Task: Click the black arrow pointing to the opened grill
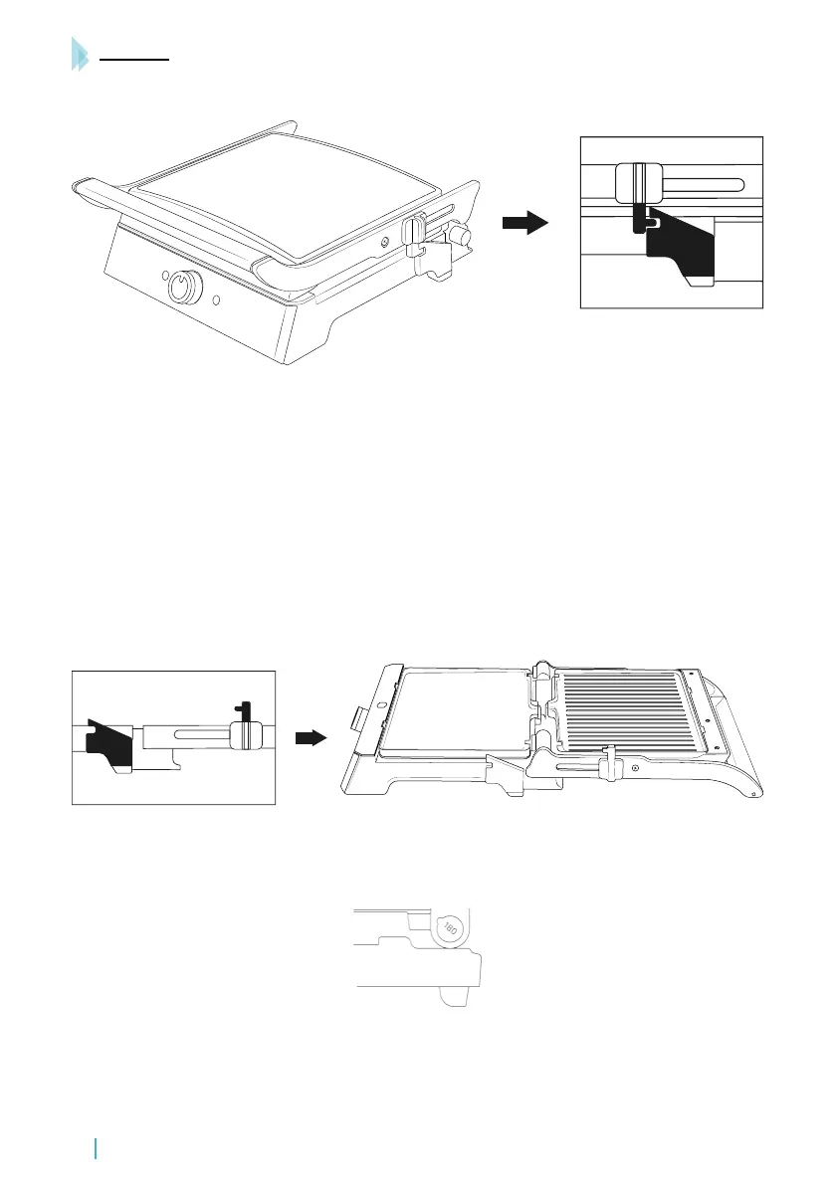312,738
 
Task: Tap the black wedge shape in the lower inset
108,741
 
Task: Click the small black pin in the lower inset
239,710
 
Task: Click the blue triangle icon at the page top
80,54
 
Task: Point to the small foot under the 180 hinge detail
456,996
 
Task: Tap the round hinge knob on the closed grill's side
459,235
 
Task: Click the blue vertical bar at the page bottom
96,1149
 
